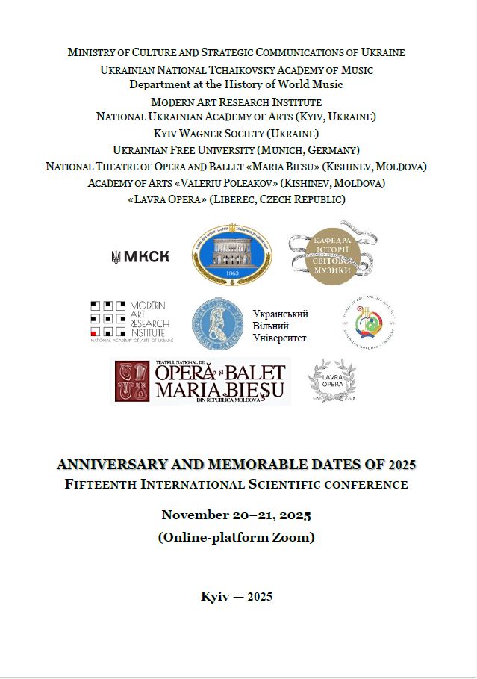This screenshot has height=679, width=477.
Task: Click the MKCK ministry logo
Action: [x=140, y=257]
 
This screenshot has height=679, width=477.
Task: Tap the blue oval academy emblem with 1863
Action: [x=232, y=256]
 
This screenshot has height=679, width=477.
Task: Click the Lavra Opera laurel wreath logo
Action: [x=332, y=381]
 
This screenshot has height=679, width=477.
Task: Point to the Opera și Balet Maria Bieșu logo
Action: [x=201, y=381]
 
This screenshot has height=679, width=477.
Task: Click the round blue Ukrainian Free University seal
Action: [x=218, y=324]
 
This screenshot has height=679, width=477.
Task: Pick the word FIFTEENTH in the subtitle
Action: [x=96, y=484]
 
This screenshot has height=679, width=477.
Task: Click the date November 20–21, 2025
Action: [x=236, y=515]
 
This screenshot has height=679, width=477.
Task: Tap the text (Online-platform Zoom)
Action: [x=236, y=536]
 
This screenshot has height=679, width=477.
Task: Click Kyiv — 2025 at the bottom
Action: [x=237, y=596]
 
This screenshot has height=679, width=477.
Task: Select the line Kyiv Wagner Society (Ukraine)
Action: [x=236, y=134]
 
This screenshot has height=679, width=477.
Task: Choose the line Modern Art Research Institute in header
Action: [x=236, y=102]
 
